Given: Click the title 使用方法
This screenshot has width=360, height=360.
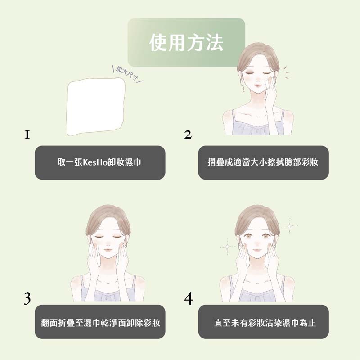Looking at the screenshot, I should (x=186, y=43).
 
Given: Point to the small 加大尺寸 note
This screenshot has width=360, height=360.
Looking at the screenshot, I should (x=126, y=72).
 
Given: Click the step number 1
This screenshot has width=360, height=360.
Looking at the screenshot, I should (x=27, y=134).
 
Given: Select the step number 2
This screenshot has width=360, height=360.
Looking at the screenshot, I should (x=188, y=135).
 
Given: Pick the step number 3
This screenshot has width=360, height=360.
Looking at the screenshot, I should (x=27, y=298).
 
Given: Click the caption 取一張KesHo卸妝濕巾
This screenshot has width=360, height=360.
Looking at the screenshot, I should (x=99, y=162).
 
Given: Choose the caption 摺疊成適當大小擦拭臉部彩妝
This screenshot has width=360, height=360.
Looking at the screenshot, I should (x=263, y=162).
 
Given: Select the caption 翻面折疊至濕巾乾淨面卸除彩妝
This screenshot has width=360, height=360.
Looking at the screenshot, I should (x=100, y=323).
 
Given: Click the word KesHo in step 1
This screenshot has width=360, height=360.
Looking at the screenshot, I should (x=95, y=162).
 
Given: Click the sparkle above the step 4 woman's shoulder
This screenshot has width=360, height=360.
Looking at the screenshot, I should (x=227, y=245).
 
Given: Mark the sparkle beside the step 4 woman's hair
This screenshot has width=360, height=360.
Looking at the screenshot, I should (x=290, y=225).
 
